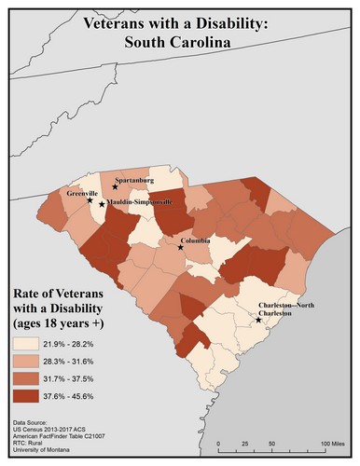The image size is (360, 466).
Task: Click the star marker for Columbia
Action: (181, 248)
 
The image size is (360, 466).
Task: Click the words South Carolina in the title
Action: (180, 41)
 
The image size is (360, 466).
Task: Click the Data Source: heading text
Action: (35, 422)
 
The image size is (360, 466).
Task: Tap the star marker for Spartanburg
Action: (115, 186)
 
